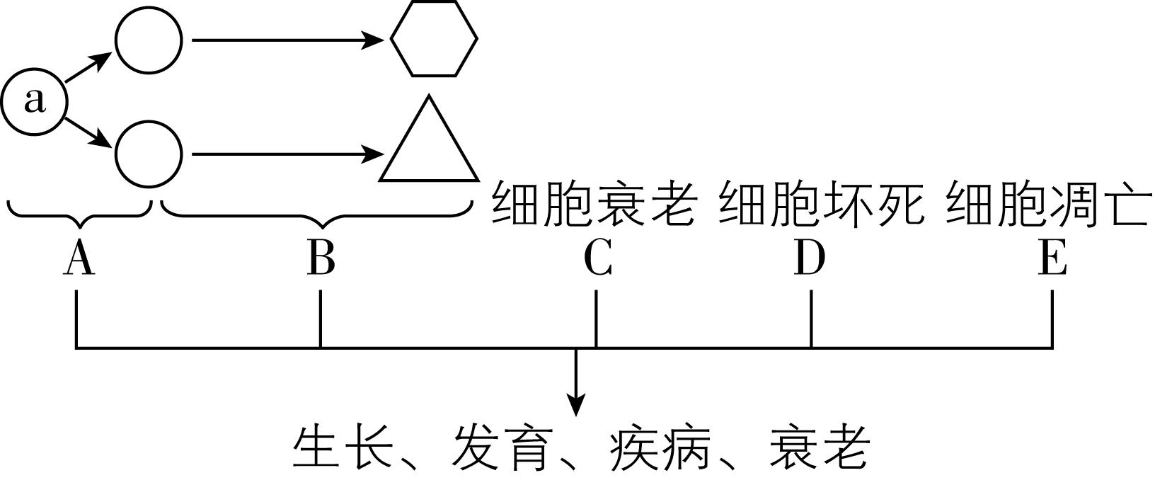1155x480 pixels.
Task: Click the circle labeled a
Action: coord(34,101)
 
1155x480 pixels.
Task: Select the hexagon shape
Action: coord(434,39)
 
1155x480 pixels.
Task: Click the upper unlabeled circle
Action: coord(149,40)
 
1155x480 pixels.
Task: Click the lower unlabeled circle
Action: coord(149,154)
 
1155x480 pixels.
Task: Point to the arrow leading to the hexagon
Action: coord(287,40)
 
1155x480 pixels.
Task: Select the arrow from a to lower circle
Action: coord(88,132)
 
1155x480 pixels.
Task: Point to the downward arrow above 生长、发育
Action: coord(577,382)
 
